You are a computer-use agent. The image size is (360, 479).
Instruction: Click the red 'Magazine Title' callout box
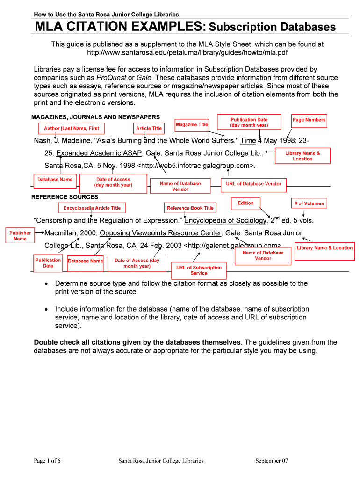click(192, 124)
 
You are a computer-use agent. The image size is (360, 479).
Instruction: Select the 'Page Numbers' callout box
click(309, 120)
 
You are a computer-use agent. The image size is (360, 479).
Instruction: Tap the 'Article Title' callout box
click(149, 128)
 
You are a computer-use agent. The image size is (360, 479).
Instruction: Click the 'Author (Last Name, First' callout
click(72, 128)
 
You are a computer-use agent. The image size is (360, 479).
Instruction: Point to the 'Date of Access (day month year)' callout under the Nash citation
click(113, 182)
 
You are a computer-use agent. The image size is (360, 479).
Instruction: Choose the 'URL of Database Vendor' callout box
click(253, 184)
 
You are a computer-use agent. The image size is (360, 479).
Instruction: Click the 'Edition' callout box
click(245, 203)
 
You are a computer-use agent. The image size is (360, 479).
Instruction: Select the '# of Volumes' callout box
click(308, 203)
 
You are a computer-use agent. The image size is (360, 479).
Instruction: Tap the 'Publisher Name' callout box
click(20, 236)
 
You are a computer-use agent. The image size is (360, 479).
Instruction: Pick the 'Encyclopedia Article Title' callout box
click(92, 208)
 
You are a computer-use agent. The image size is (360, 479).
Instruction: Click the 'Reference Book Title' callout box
click(190, 208)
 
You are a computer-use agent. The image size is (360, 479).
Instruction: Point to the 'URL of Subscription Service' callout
click(199, 270)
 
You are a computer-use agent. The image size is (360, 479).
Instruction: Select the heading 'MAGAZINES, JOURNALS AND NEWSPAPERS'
click(95, 117)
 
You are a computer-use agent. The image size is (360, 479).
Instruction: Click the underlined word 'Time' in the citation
click(248, 141)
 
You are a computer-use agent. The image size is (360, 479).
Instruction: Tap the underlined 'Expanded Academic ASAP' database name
click(99, 153)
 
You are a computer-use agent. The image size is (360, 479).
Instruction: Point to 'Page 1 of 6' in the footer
click(47, 461)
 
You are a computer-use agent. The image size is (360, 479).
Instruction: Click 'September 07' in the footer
click(272, 461)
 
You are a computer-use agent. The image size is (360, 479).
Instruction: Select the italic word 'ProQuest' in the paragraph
click(111, 78)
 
